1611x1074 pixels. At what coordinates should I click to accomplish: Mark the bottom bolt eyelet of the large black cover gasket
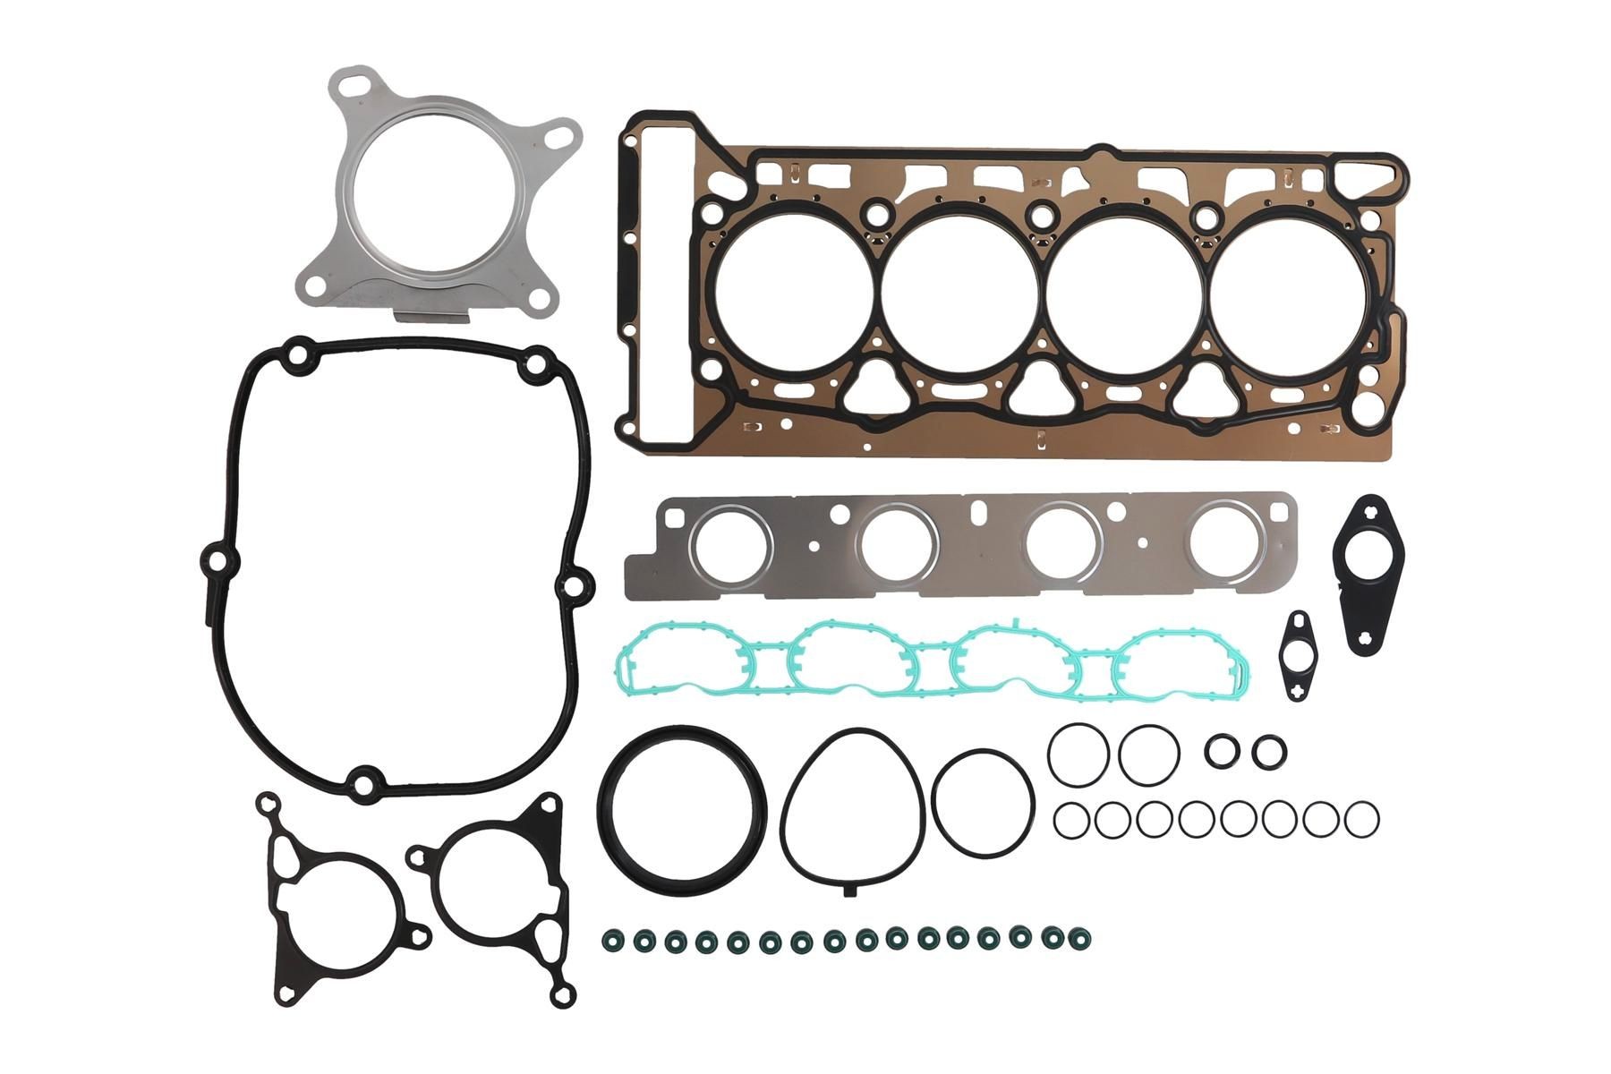[x=362, y=785]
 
